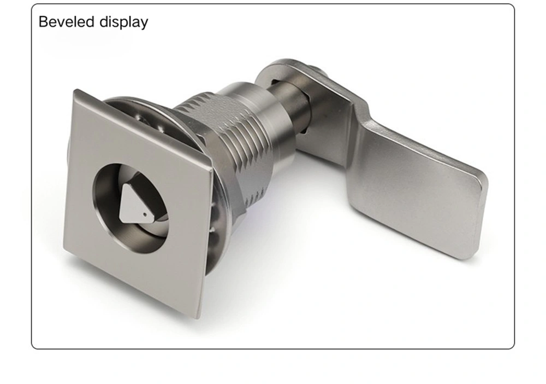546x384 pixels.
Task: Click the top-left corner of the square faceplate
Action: (x=76, y=91)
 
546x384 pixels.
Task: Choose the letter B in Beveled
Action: (x=43, y=22)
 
